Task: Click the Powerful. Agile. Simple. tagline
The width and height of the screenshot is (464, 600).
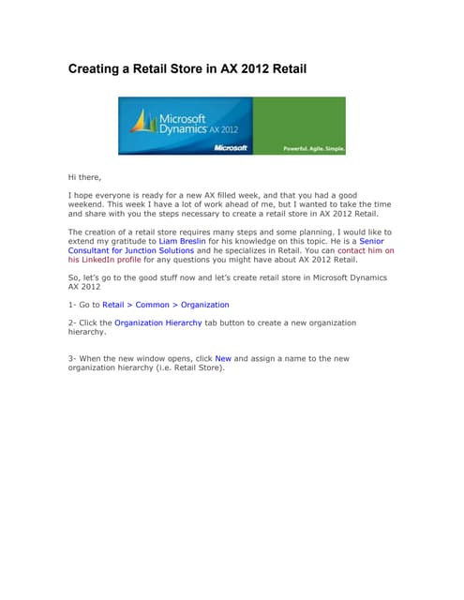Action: [x=314, y=148]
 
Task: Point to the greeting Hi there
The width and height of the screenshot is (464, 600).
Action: [x=84, y=177]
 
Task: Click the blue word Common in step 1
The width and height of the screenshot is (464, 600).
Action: [x=153, y=305]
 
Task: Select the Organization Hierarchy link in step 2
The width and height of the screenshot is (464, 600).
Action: [x=157, y=322]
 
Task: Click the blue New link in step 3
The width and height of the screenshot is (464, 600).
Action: [x=223, y=358]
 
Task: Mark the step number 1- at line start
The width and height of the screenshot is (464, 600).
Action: [x=72, y=305]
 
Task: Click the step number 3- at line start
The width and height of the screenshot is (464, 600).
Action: [x=72, y=358]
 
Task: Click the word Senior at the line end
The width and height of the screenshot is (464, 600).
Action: [x=371, y=241]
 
